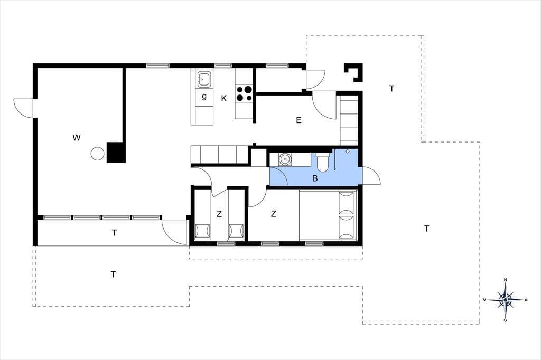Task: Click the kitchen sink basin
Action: click(202, 80)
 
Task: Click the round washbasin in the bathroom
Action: click(285, 159)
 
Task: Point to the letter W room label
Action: click(77, 138)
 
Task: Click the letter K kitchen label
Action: click(224, 99)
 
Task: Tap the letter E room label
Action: click(299, 120)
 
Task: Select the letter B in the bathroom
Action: click(315, 178)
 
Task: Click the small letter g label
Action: click(204, 97)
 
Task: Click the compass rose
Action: click(506, 300)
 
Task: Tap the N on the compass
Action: click(506, 279)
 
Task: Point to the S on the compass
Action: click(506, 320)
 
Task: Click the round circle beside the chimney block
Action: click(97, 154)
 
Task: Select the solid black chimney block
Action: click(116, 153)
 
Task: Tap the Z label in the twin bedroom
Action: click(219, 214)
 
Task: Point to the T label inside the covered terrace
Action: click(114, 233)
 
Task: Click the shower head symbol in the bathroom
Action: click(348, 151)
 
